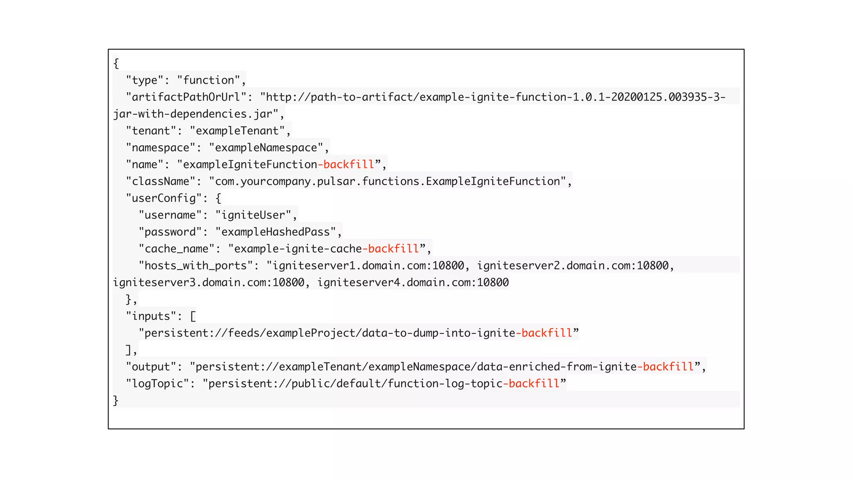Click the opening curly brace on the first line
(x=116, y=63)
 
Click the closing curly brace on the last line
(x=116, y=400)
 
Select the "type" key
(x=144, y=80)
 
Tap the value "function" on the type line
(x=208, y=80)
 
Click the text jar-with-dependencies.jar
(x=193, y=114)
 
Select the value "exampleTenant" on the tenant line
(x=237, y=131)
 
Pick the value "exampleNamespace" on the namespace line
(x=266, y=148)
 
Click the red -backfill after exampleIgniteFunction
(x=346, y=165)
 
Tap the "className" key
(x=161, y=181)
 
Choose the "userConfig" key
(x=164, y=198)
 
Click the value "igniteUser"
(x=253, y=215)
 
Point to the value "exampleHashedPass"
(x=275, y=232)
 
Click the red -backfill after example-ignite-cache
(x=391, y=249)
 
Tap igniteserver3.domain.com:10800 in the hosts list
(x=208, y=283)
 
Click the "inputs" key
(x=151, y=316)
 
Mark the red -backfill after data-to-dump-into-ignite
(x=544, y=333)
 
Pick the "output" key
(x=151, y=367)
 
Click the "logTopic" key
(x=157, y=383)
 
